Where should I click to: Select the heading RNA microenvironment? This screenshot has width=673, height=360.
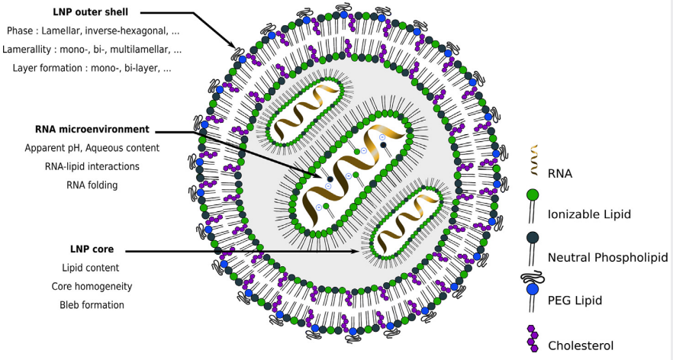(x=92, y=129)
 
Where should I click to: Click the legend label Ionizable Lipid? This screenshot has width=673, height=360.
(x=589, y=214)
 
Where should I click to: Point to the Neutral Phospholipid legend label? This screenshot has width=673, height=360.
(x=607, y=258)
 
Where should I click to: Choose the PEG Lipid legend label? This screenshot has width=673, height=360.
(x=575, y=301)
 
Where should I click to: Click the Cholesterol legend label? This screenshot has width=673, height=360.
(x=580, y=346)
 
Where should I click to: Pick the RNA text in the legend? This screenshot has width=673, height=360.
(x=559, y=174)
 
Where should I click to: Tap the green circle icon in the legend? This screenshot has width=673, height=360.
(x=533, y=195)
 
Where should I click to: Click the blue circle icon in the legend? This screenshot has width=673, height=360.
(x=533, y=290)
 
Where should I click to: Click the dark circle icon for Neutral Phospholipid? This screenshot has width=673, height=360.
(x=533, y=238)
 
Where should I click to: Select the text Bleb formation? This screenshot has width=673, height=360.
(x=92, y=305)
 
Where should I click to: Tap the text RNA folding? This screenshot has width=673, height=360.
(x=92, y=185)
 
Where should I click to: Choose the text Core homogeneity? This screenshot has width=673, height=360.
(x=92, y=287)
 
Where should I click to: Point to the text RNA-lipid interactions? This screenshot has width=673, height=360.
(x=92, y=166)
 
